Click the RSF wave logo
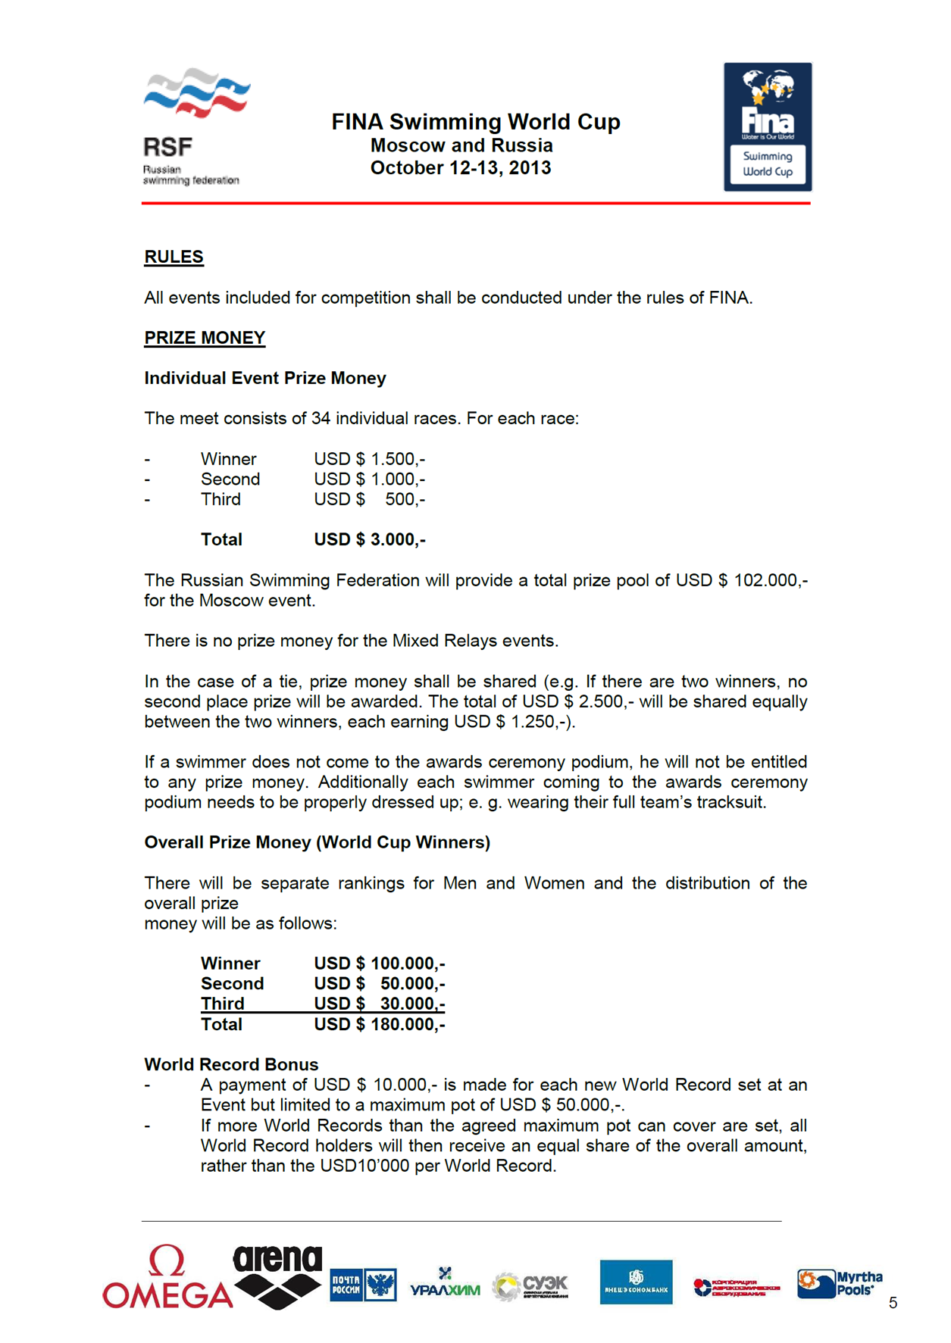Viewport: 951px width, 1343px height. tap(196, 93)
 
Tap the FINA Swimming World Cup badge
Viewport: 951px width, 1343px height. tap(767, 126)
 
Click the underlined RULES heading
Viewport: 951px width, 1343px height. tap(174, 257)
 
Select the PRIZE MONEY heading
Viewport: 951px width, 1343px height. tap(205, 338)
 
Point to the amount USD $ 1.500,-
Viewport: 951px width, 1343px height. tap(369, 459)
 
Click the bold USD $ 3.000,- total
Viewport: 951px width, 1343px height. tap(369, 539)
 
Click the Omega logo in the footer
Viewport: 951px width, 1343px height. tap(167, 1279)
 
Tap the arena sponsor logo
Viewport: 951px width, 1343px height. tap(277, 1277)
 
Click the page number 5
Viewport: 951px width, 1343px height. tap(893, 1303)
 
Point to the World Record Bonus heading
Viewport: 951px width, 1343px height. tap(231, 1064)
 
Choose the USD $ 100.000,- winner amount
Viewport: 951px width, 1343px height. tap(379, 964)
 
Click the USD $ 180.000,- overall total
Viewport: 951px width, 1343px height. tap(379, 1024)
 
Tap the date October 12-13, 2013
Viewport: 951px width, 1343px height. tap(461, 168)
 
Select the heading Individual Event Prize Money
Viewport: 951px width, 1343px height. tap(265, 378)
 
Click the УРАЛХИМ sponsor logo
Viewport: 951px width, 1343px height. tap(445, 1285)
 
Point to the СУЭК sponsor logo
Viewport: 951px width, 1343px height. tap(530, 1285)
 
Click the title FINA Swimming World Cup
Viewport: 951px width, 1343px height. tap(476, 122)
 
